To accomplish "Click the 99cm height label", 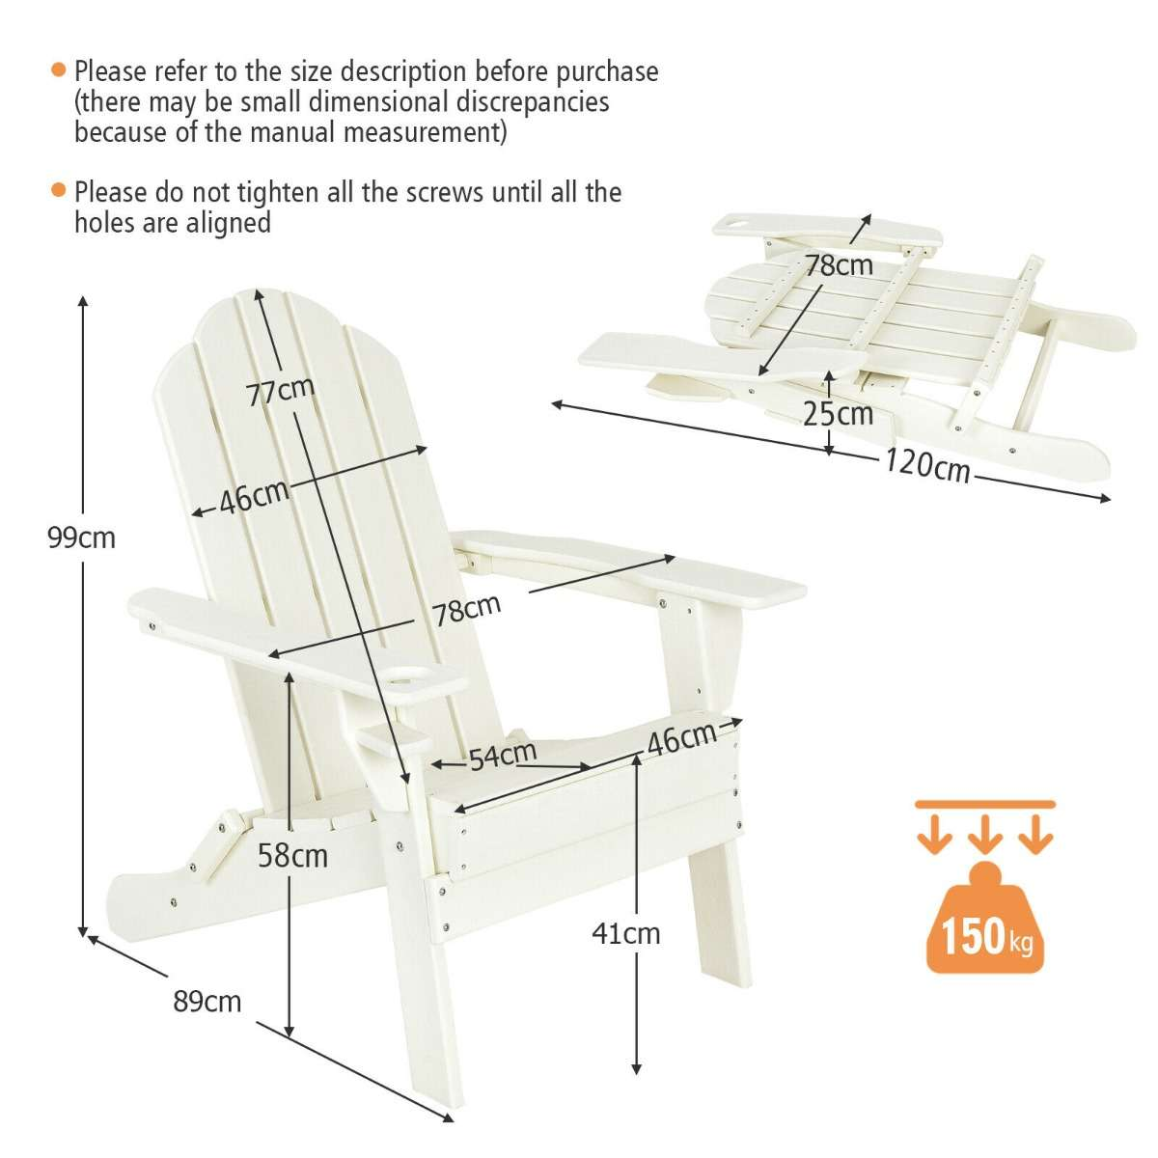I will (82, 538).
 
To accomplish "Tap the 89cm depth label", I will (207, 1001).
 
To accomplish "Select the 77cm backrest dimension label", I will (280, 392).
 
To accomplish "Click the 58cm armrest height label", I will (292, 855).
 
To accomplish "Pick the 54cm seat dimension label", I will (503, 757).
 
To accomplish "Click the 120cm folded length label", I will (926, 465).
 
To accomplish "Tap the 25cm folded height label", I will (838, 413).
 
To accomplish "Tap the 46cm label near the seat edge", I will (681, 739).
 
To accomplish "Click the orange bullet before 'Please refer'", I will (60, 70).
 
